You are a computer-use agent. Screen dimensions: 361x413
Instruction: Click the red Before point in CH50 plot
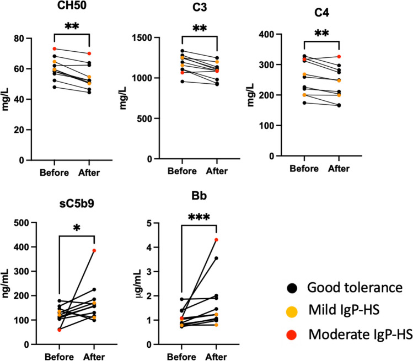click(x=54, y=49)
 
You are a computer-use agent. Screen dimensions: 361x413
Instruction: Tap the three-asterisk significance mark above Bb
click(x=201, y=213)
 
